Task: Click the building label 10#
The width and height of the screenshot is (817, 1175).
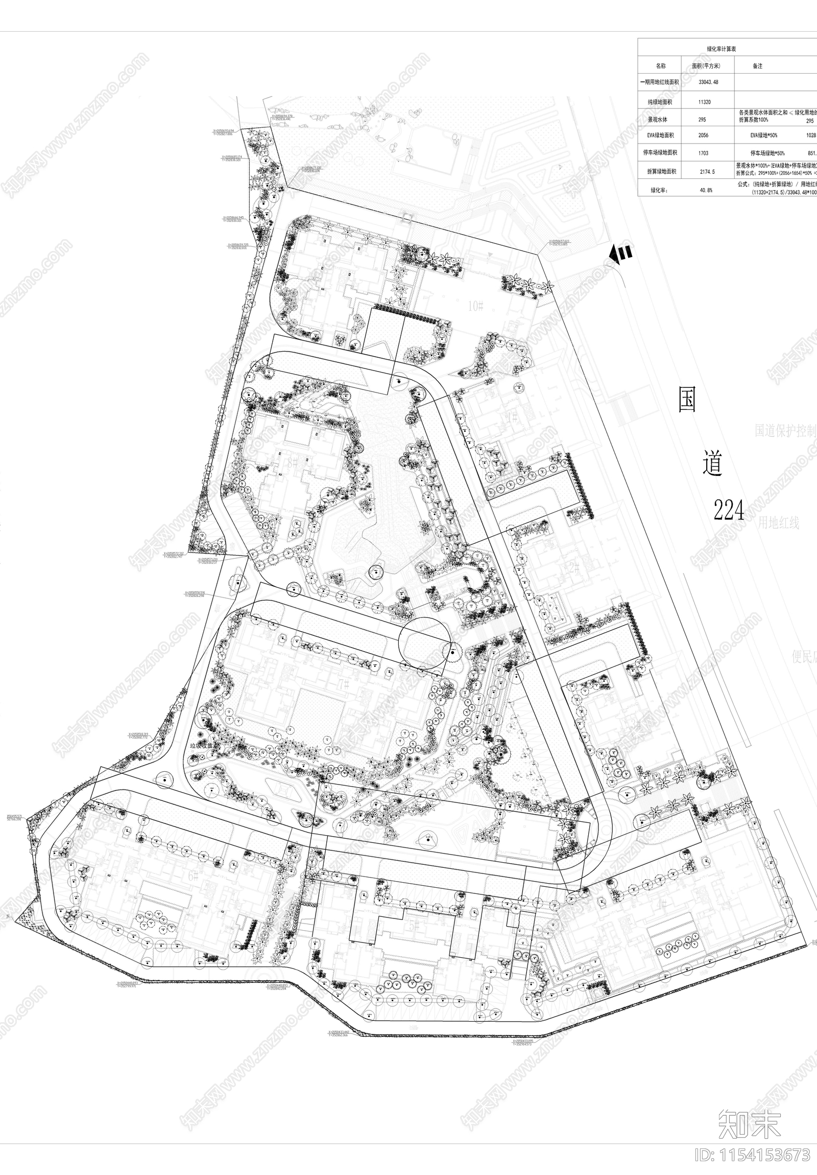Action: click(475, 306)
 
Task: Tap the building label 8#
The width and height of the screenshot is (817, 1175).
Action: click(293, 464)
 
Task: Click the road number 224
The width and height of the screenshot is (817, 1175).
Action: click(729, 509)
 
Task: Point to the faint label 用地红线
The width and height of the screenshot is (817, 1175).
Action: click(778, 522)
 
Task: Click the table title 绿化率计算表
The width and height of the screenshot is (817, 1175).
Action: click(721, 49)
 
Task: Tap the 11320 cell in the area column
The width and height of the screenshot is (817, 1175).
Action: click(705, 102)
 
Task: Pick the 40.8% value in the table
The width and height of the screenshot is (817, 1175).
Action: click(705, 190)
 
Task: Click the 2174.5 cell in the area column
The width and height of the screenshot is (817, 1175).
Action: click(707, 172)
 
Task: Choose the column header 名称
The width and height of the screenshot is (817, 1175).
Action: click(661, 66)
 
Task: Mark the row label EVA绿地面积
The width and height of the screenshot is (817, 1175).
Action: click(661, 135)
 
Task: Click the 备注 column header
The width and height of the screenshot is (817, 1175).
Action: click(757, 66)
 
